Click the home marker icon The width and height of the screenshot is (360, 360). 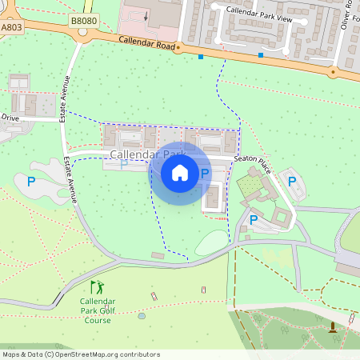(180, 172)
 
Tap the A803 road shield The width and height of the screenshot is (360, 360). (11, 26)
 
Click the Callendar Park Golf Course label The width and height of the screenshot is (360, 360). (98, 310)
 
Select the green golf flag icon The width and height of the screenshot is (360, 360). (97, 286)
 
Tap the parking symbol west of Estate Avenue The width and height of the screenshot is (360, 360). (31, 182)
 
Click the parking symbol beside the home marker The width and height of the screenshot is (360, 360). (205, 174)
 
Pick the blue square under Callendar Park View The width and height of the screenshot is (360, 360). (261, 55)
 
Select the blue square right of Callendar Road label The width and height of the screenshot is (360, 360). (201, 57)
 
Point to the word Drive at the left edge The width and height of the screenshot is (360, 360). (10, 118)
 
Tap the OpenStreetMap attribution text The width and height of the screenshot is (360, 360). (81, 354)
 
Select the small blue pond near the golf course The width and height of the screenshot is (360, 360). (142, 315)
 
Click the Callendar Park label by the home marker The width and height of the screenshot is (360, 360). (148, 154)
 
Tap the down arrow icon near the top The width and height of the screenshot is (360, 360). (146, 15)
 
